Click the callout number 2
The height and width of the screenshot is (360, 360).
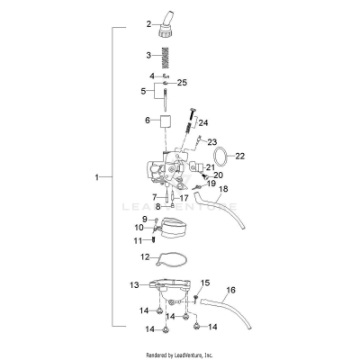pyautogui.click(x=149, y=23)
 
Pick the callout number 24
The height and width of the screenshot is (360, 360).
pyautogui.click(x=203, y=122)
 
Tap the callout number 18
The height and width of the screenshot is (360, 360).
pyautogui.click(x=224, y=189)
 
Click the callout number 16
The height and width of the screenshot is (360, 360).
pyautogui.click(x=230, y=290)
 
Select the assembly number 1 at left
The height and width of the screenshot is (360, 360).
pyautogui.click(x=97, y=178)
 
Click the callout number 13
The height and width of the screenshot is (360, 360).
pyautogui.click(x=134, y=284)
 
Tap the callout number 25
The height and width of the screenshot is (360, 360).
pyautogui.click(x=183, y=83)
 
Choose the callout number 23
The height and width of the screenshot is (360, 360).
pyautogui.click(x=213, y=142)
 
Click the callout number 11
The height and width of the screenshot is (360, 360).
pyautogui.click(x=139, y=240)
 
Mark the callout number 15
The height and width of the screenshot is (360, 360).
pyautogui.click(x=204, y=283)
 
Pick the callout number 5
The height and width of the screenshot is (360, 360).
pyautogui.click(x=143, y=91)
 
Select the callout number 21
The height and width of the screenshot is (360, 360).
pyautogui.click(x=210, y=167)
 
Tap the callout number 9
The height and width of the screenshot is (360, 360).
pyautogui.click(x=143, y=220)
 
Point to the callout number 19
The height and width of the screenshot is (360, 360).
pyautogui.click(x=213, y=184)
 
